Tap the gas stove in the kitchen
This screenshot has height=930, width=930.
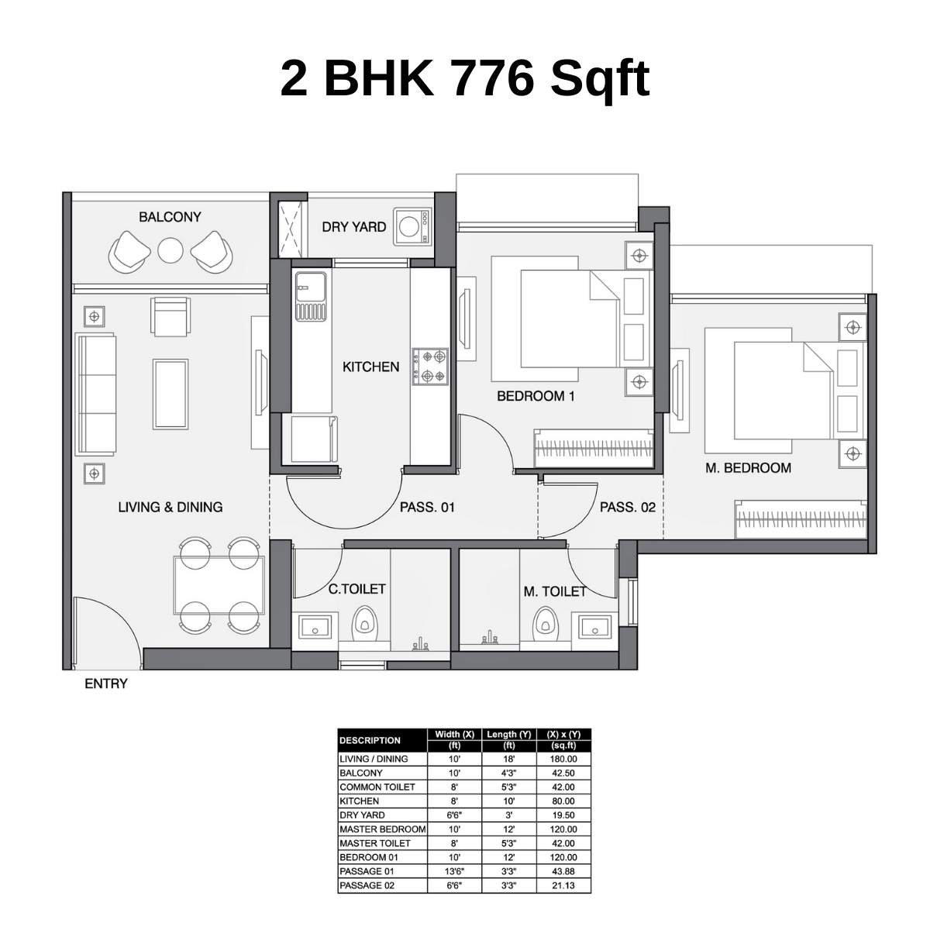(430, 367)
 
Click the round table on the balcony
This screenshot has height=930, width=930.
(170, 250)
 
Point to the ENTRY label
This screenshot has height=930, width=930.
(106, 684)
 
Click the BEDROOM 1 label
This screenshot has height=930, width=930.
(536, 396)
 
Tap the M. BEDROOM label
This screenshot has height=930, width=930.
(748, 467)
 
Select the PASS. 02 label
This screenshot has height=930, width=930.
(628, 508)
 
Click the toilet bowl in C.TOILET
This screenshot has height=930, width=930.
(364, 624)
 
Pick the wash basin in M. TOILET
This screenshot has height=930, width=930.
(594, 625)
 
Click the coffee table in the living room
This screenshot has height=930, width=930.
(170, 393)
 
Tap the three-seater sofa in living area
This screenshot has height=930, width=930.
(95, 395)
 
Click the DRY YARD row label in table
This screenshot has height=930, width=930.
(362, 815)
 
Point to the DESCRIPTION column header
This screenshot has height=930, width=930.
(370, 740)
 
